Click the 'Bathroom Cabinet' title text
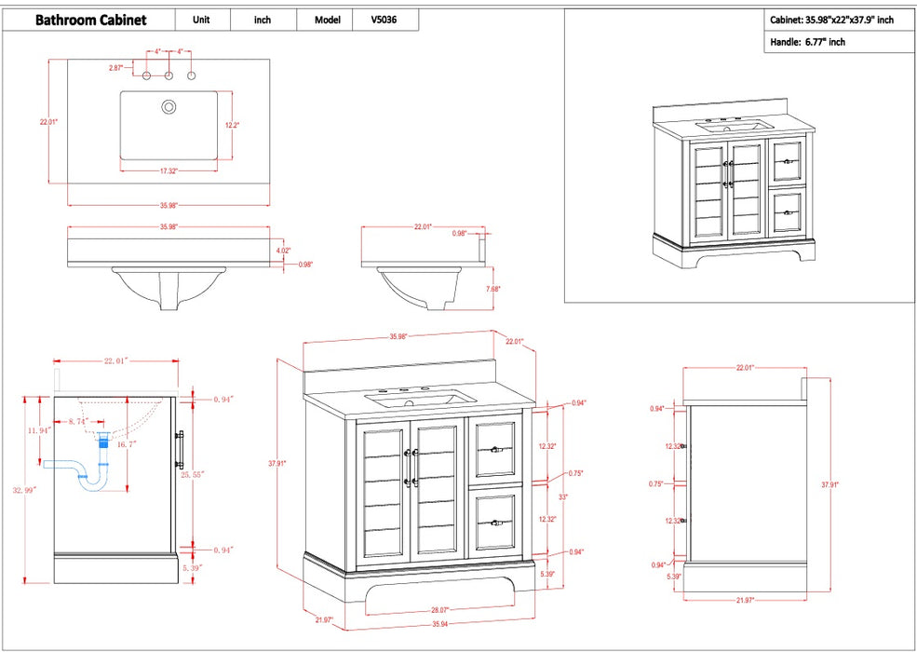[x=90, y=20]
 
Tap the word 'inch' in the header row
[x=263, y=20]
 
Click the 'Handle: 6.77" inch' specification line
[x=808, y=43]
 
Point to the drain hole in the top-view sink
[x=169, y=107]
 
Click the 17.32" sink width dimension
[x=169, y=170]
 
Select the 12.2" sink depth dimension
[x=233, y=125]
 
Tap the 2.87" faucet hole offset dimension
[x=115, y=68]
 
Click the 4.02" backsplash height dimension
[x=283, y=250]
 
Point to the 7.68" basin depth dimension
[x=493, y=289]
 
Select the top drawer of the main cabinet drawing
[x=495, y=449]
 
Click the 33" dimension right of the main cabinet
[x=563, y=496]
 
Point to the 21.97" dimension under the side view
[x=744, y=600]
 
